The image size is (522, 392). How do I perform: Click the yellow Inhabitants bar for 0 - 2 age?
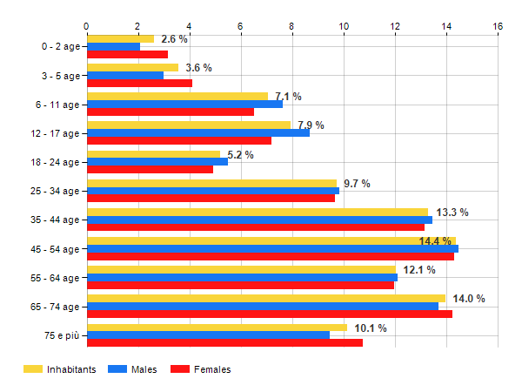[121, 39]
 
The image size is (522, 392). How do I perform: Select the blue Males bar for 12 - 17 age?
[198, 133]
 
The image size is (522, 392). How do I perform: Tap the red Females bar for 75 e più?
[225, 342]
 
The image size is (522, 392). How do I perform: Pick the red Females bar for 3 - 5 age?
[140, 83]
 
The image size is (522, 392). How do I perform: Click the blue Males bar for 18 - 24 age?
[157, 162]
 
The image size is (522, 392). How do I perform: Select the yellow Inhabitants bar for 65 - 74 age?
[266, 298]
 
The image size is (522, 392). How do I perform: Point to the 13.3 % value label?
[452, 213]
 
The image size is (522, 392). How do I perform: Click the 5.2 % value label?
[240, 155]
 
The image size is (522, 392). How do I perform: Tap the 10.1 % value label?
[371, 328]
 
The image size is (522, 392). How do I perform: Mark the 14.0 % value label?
[469, 299]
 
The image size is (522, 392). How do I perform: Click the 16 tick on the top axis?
[498, 26]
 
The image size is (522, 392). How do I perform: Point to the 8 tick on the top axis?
[291, 26]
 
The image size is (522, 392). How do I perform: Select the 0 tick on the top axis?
[86, 26]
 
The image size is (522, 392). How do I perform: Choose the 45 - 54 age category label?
[55, 249]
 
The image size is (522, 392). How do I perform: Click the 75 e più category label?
[62, 335]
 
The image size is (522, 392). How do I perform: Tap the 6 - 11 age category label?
[57, 105]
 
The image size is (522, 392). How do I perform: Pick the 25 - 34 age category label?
[55, 192]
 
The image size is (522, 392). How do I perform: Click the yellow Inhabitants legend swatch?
[33, 369]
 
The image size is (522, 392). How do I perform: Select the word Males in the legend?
[144, 369]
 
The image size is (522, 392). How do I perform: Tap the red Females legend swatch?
[180, 369]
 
